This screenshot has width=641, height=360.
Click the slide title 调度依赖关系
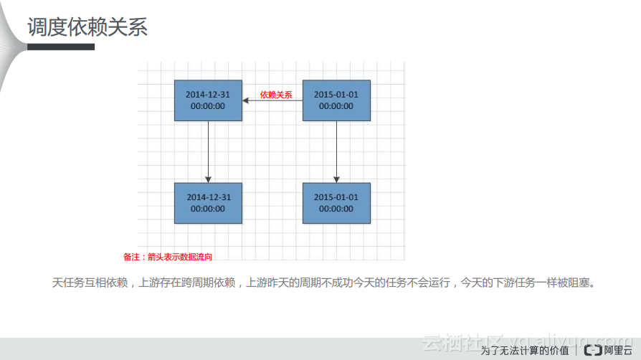[87, 27]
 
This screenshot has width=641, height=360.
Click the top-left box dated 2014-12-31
[208, 100]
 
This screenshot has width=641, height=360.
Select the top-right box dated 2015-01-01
[336, 100]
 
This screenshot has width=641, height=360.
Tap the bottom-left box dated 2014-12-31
[208, 203]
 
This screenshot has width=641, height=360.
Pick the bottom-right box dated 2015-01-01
[336, 203]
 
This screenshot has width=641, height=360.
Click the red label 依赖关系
[276, 95]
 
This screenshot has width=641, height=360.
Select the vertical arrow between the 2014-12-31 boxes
[209, 151]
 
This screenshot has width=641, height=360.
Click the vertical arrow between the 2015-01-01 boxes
[336, 151]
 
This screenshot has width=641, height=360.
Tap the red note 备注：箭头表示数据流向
[168, 256]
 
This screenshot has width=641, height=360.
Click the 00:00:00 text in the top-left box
[208, 106]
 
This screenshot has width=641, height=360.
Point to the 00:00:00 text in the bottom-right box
[336, 209]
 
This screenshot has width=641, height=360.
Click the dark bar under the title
[60, 47]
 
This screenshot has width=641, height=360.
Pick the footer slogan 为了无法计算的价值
[525, 351]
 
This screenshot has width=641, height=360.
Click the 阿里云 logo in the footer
[607, 350]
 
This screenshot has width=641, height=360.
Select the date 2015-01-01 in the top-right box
[336, 95]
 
